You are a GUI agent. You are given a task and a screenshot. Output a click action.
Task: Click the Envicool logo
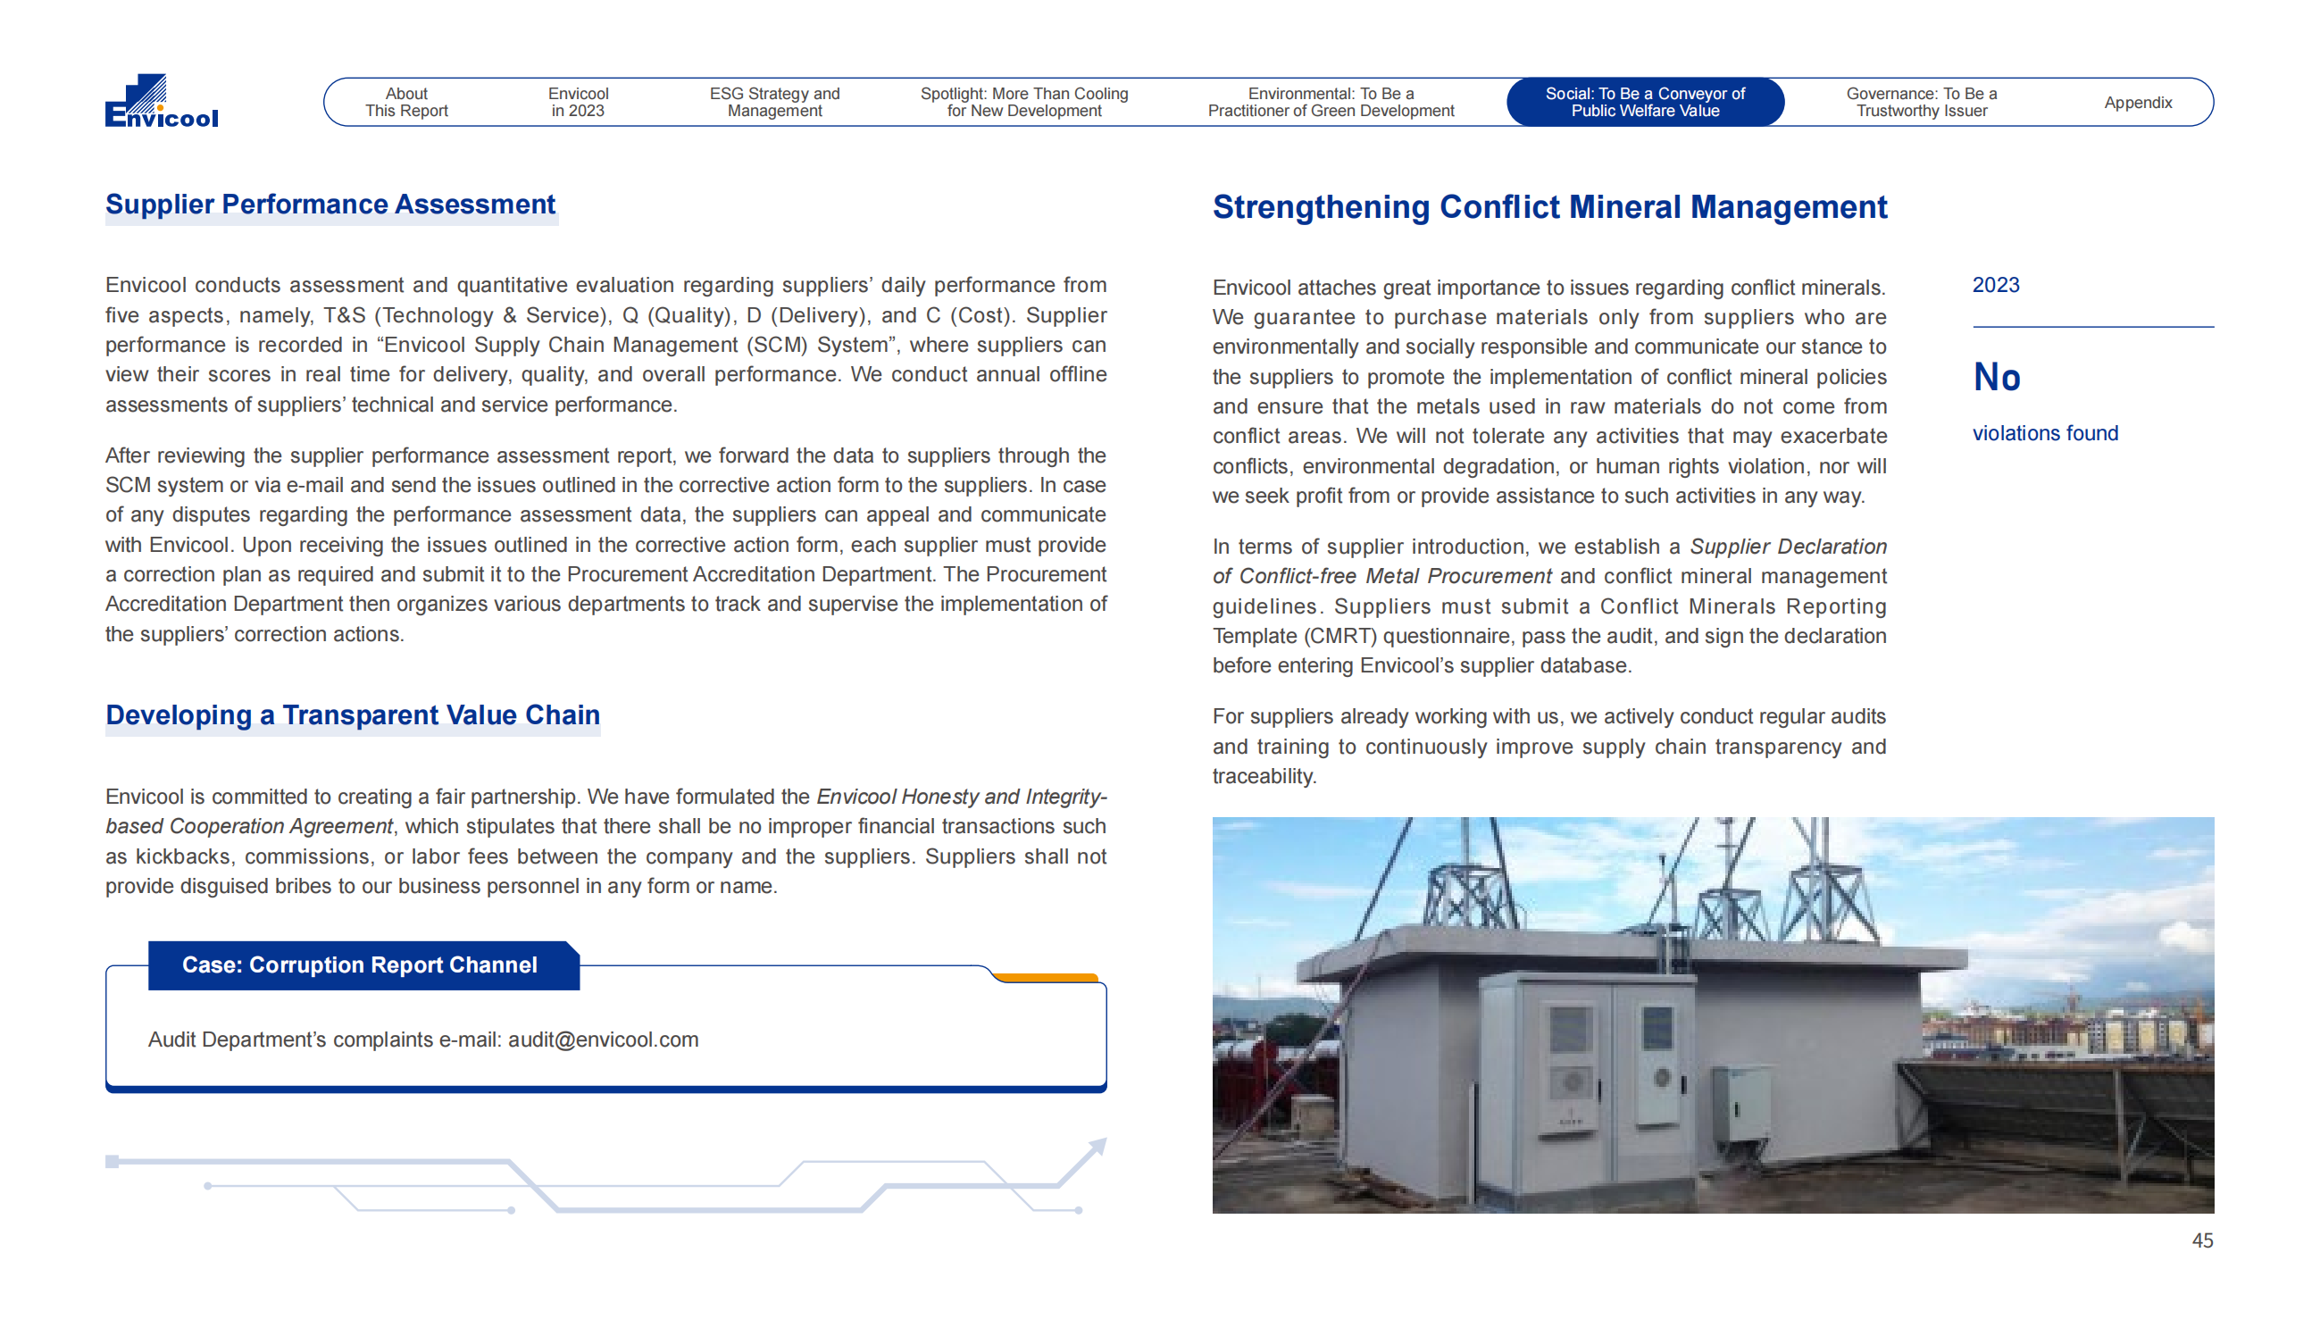coord(162,101)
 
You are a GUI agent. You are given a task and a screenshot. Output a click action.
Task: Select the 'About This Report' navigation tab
coord(405,102)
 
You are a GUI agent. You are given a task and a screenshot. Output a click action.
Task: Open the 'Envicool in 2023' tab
coord(578,102)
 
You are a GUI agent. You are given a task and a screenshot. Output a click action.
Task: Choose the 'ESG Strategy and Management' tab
coord(774,102)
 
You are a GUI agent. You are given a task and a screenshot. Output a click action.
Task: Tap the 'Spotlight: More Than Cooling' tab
coord(1023,102)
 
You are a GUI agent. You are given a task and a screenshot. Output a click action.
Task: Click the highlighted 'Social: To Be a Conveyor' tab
coord(1644,102)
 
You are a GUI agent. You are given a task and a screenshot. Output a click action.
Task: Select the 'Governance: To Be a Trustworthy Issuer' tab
coord(1921,102)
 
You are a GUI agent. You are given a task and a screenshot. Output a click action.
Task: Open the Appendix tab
coord(2138,103)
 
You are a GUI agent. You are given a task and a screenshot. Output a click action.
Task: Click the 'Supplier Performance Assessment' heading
coord(330,204)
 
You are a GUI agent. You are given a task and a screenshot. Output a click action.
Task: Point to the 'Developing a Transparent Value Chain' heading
coord(352,714)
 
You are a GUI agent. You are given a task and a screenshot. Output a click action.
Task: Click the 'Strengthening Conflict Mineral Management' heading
coord(1549,207)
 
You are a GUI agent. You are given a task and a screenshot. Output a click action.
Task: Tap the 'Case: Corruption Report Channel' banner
coord(360,965)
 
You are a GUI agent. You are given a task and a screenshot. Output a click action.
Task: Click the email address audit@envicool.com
coord(603,1040)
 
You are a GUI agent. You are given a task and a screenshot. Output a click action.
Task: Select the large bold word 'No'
coord(1996,377)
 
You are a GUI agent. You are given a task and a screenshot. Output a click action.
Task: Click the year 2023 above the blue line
coord(1995,286)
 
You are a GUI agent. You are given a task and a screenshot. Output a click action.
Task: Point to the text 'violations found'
coord(2045,433)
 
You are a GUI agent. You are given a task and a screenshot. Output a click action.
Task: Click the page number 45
coord(2201,1240)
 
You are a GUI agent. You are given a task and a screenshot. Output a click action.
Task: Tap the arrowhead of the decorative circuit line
coord(1097,1147)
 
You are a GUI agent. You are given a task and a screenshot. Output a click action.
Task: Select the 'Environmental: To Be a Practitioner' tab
coord(1331,102)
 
